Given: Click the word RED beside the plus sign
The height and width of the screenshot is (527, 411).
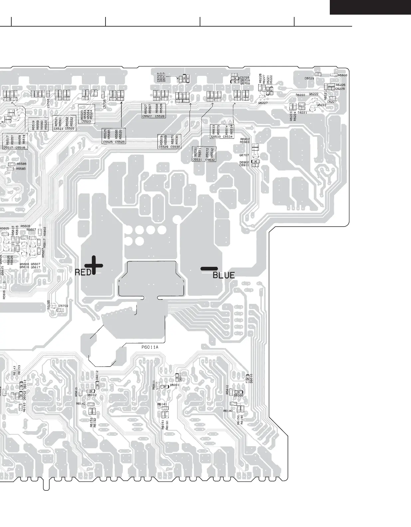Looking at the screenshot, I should [83, 272].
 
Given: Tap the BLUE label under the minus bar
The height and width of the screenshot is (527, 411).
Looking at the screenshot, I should [224, 275].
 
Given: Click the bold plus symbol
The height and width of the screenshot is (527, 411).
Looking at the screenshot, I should [94, 265].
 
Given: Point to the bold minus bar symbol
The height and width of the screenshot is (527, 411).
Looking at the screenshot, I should [209, 268].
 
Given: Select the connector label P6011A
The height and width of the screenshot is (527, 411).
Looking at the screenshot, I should [150, 347].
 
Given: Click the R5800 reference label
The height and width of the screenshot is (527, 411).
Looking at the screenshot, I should [342, 75].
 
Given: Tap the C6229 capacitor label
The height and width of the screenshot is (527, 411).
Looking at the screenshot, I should [309, 79].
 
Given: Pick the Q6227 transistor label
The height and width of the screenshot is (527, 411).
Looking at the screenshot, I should [263, 103].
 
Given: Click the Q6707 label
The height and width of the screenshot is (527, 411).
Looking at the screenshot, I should [244, 155].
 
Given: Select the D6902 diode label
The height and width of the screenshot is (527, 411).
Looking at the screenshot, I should [244, 162].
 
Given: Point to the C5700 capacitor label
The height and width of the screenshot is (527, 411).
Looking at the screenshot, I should [63, 306].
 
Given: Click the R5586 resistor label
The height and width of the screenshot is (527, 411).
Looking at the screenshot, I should [21, 164].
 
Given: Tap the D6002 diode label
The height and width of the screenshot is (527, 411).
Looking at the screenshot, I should [92, 395].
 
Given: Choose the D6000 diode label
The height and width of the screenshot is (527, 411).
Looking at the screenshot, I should [238, 396].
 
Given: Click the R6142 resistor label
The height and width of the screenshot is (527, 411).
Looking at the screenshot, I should [81, 404].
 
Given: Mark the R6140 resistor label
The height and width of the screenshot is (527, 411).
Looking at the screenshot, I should [228, 411].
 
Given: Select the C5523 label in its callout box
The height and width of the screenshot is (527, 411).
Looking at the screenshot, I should [86, 122].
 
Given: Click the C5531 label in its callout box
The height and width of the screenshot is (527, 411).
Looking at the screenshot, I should [197, 160].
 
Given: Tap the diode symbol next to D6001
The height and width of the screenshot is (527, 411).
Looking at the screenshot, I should [165, 387].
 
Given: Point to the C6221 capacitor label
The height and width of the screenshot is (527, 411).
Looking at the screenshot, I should [302, 112].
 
